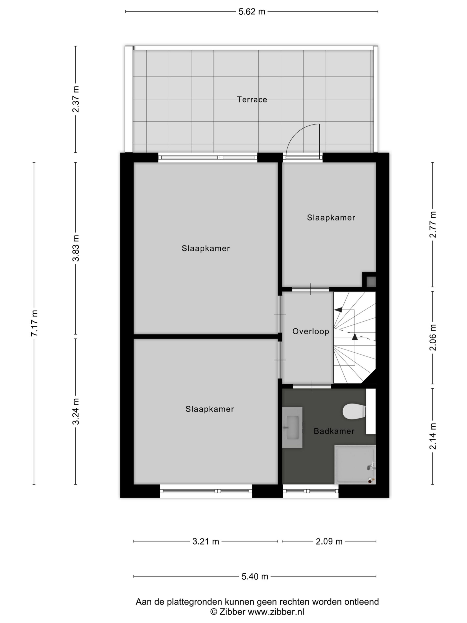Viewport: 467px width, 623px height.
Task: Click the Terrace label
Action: (252, 100)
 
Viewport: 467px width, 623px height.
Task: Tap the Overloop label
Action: (311, 331)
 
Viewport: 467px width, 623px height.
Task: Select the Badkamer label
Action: (334, 431)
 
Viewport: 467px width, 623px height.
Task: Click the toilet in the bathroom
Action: (354, 412)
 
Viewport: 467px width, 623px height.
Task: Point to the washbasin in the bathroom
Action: (292, 427)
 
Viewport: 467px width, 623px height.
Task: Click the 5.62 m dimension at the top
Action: (252, 11)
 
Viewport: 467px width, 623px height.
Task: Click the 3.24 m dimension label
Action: (76, 412)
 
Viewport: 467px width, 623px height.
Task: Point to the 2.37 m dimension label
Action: (76, 99)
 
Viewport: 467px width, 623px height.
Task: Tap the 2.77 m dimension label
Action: (433, 224)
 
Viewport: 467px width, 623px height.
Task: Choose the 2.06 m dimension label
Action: (433, 337)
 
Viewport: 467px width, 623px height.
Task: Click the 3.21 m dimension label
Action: (206, 541)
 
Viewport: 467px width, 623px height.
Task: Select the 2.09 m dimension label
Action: (329, 541)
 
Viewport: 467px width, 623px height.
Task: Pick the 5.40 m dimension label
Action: (255, 577)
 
